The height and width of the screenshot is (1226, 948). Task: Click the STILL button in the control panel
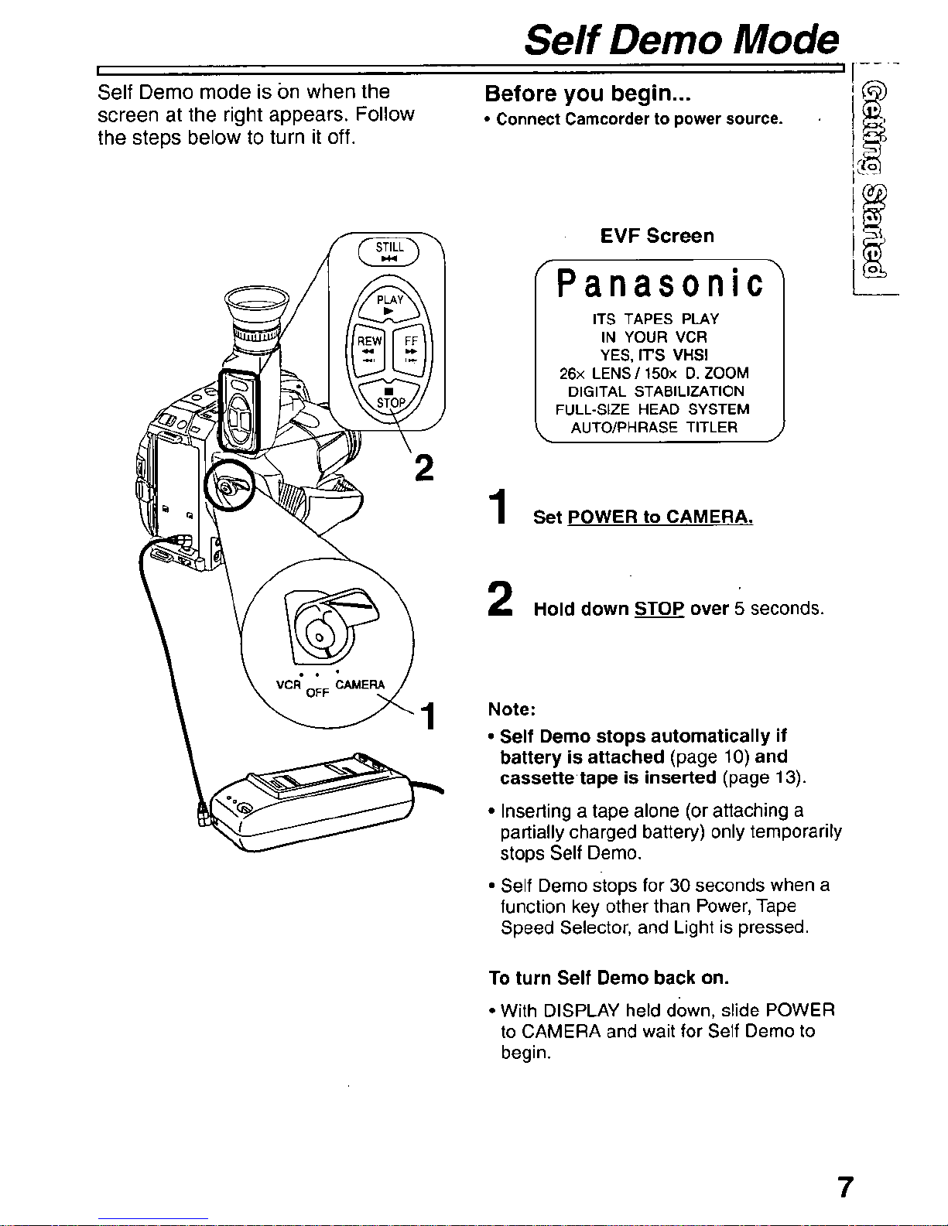[x=389, y=251]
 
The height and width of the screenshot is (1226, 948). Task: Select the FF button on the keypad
[x=411, y=350]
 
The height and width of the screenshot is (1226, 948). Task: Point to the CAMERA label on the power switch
[x=360, y=685]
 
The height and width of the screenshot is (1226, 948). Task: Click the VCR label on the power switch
[x=289, y=685]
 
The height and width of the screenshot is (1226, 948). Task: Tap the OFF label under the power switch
[x=317, y=692]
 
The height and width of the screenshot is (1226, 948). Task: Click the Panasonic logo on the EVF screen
[x=659, y=283]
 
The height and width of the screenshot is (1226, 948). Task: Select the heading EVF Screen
[x=657, y=236]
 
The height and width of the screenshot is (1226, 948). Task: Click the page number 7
[x=845, y=1187]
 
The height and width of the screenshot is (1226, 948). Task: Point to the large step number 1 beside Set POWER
[x=499, y=507]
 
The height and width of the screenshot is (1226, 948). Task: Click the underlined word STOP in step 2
[x=659, y=609]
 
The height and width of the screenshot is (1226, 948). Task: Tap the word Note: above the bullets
[x=512, y=709]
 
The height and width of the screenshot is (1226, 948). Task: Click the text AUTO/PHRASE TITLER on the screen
[x=654, y=428]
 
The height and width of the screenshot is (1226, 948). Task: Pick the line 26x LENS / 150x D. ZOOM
[x=654, y=374]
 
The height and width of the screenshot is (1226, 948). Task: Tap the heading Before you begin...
[x=587, y=94]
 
